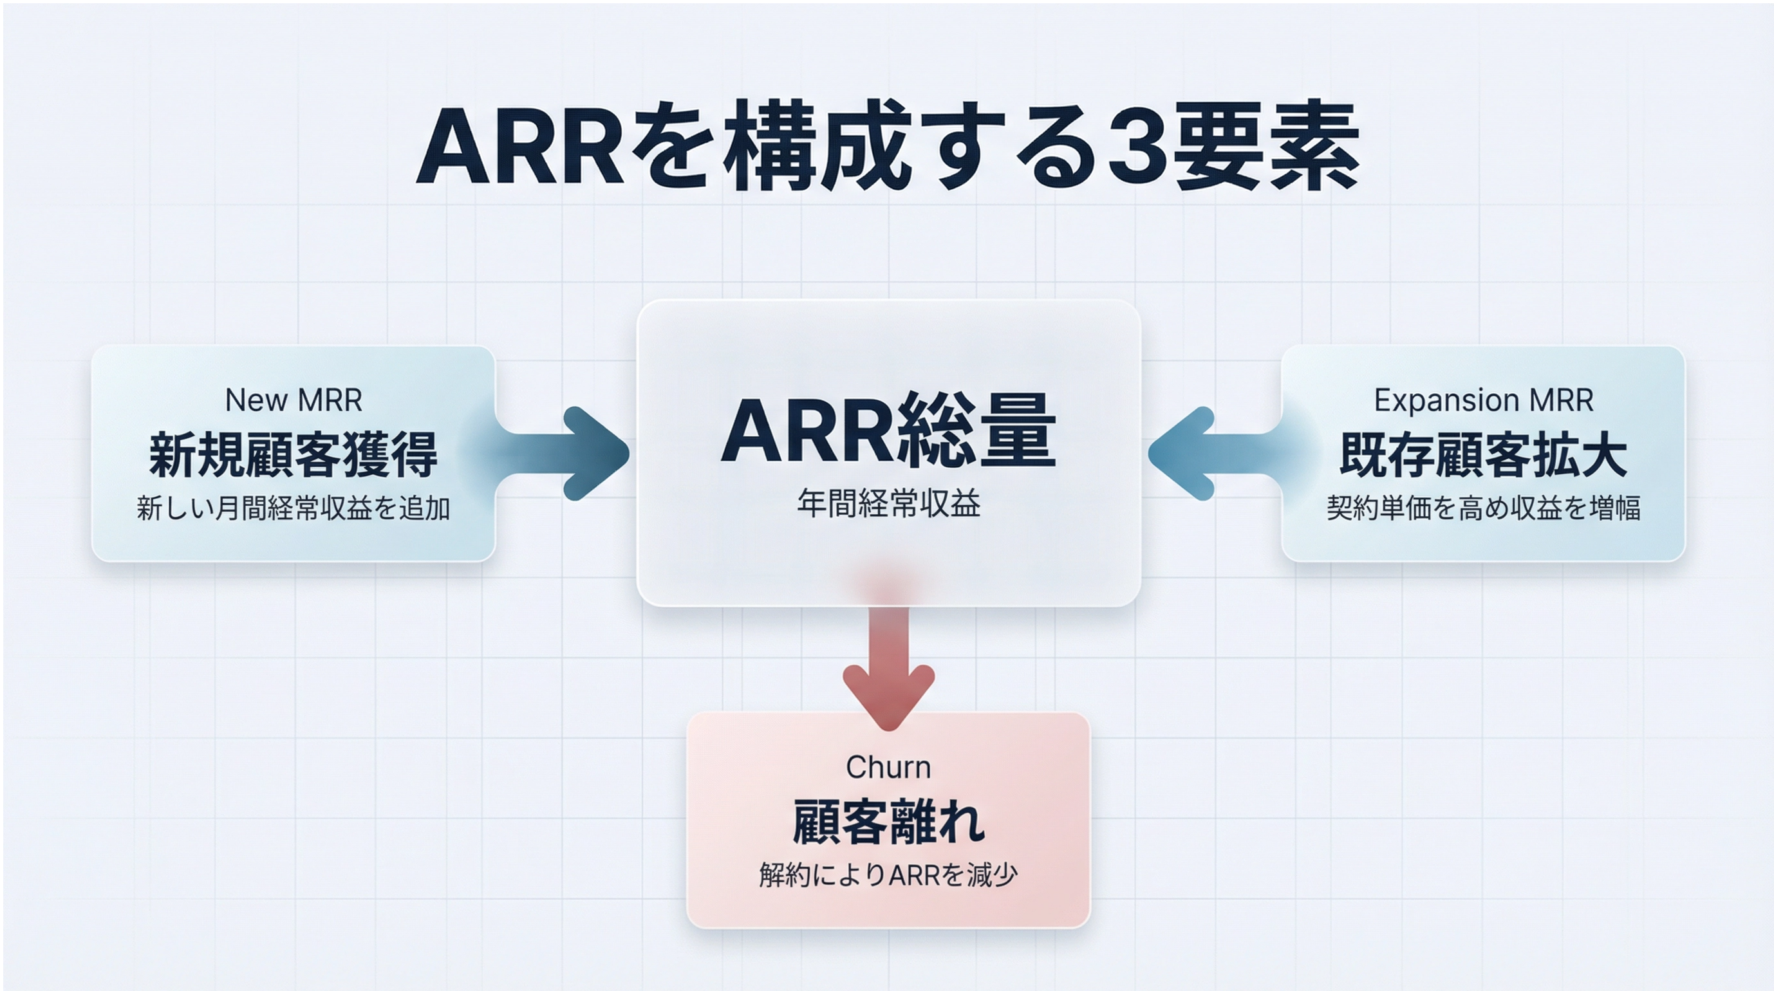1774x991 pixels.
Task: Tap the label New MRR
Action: pyautogui.click(x=294, y=400)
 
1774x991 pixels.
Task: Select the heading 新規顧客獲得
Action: pyautogui.click(x=294, y=454)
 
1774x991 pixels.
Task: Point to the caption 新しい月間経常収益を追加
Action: pyautogui.click(x=294, y=508)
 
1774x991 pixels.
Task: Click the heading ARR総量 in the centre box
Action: pyautogui.click(x=888, y=430)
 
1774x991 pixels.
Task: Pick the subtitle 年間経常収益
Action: pyautogui.click(x=888, y=503)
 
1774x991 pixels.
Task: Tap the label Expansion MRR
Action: pyautogui.click(x=1484, y=400)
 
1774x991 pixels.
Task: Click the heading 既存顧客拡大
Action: pyautogui.click(x=1484, y=454)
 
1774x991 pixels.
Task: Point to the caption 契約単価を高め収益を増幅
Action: pyautogui.click(x=1484, y=508)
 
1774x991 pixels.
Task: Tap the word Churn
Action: pyautogui.click(x=888, y=767)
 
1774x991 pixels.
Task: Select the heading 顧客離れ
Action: pyautogui.click(x=888, y=822)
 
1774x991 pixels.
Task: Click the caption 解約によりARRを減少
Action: pyautogui.click(x=888, y=875)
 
